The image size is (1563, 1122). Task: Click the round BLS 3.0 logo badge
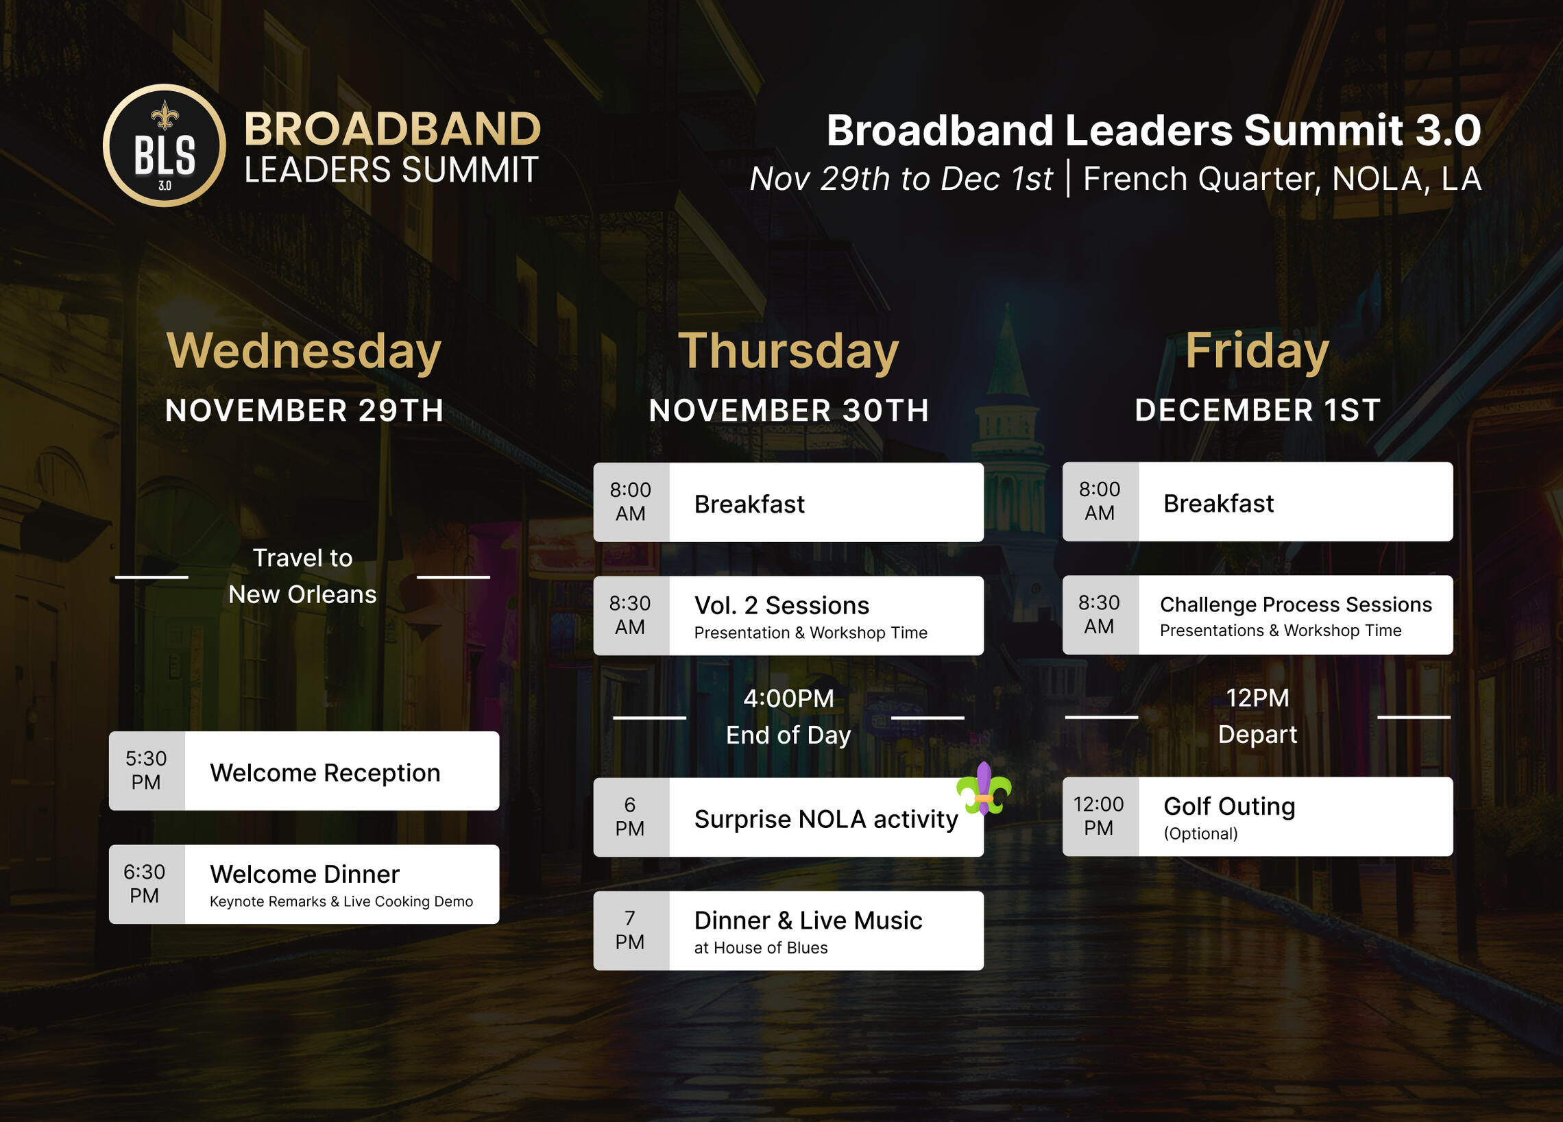(x=164, y=145)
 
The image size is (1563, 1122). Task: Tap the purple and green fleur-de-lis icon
(x=984, y=788)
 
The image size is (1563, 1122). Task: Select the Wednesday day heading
(x=304, y=352)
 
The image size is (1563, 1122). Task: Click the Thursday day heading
(x=788, y=352)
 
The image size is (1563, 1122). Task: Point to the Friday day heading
(x=1257, y=352)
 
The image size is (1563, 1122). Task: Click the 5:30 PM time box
(x=147, y=770)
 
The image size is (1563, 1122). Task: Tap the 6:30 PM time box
(x=147, y=884)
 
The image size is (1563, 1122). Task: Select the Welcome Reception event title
(x=325, y=773)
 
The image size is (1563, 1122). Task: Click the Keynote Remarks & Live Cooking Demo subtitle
(x=341, y=901)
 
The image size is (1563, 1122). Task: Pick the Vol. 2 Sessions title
(x=781, y=605)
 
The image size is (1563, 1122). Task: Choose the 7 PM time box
(x=631, y=930)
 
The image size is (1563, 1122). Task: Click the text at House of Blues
(x=761, y=948)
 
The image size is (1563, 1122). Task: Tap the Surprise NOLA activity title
(x=825, y=820)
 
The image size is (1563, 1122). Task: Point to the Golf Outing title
(x=1229, y=806)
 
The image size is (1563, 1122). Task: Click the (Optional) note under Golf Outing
(x=1200, y=833)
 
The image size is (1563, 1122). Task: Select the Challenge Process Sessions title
(x=1296, y=605)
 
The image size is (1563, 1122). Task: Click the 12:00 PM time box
(x=1100, y=817)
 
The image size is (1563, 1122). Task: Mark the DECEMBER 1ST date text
(x=1258, y=410)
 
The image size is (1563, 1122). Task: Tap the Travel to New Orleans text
(x=302, y=576)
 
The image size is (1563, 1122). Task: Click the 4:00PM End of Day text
(x=788, y=717)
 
